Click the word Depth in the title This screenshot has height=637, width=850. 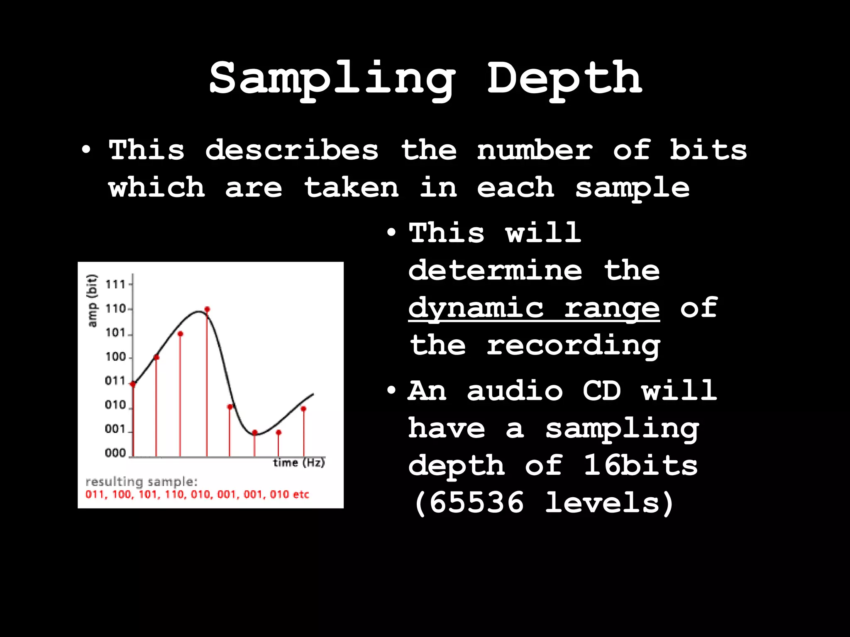tap(564, 78)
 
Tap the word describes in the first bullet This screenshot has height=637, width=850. tap(292, 150)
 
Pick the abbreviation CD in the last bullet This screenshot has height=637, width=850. tap(601, 391)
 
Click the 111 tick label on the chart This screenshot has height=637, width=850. tap(115, 284)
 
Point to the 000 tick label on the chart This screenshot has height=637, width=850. tap(115, 452)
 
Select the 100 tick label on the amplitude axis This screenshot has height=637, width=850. tap(115, 357)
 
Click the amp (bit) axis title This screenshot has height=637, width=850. tap(92, 301)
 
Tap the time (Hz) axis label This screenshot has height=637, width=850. tap(299, 462)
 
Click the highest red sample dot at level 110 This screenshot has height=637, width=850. tap(207, 309)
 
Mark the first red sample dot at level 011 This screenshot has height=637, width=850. tap(133, 384)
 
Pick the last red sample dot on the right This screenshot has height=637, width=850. tap(303, 409)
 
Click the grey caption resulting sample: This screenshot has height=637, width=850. tap(141, 482)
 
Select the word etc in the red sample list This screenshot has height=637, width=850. tap(301, 494)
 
